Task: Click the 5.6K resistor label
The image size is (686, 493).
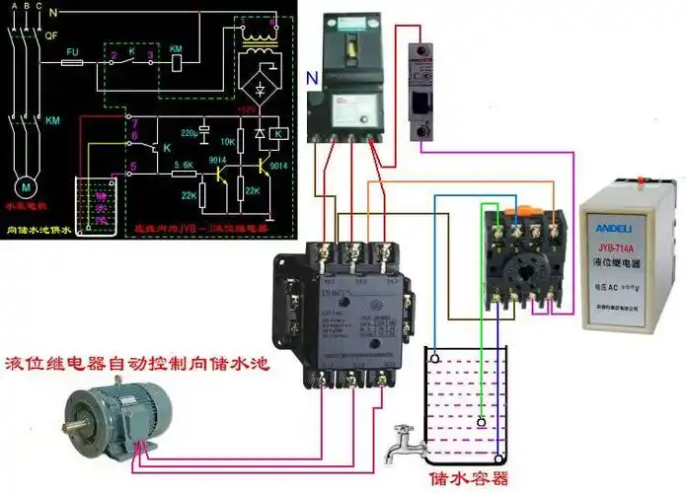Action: click(x=183, y=164)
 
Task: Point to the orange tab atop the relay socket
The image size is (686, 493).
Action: click(x=521, y=211)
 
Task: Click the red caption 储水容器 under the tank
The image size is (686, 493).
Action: click(x=468, y=478)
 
